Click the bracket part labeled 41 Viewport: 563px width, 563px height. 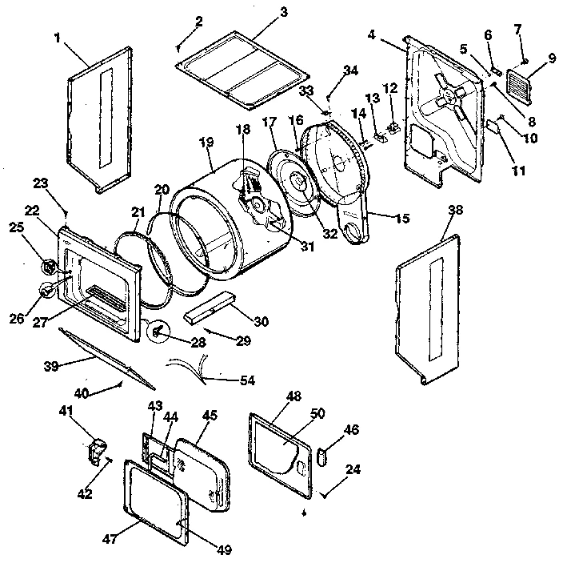click(x=98, y=450)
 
